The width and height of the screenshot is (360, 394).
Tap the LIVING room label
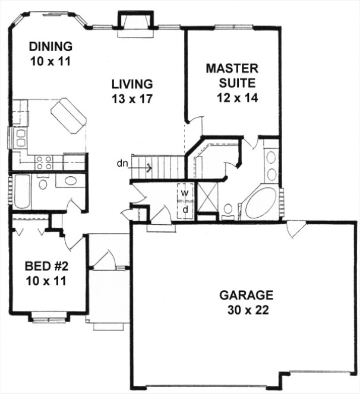tap(131, 84)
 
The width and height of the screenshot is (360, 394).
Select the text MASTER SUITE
tap(232, 75)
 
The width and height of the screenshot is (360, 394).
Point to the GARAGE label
tap(246, 295)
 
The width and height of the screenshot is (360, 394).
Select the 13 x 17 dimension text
tap(131, 99)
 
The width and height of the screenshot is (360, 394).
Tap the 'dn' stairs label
tap(121, 163)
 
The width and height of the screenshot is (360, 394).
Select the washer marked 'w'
tap(185, 193)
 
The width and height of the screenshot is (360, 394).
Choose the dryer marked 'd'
tap(185, 209)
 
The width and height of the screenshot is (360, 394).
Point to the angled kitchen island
tap(68, 116)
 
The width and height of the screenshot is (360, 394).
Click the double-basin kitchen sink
tap(20, 138)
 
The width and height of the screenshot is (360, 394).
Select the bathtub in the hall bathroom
tap(21, 191)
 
